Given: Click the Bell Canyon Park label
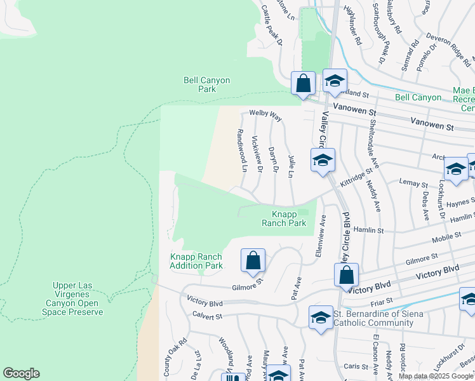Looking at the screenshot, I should click(206, 84).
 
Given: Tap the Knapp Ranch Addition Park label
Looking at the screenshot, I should click(196, 261).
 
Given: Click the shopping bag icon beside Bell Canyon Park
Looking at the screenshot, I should click(304, 84).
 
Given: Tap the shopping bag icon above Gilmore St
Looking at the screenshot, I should click(253, 260).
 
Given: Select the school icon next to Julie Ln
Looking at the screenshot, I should click(322, 161).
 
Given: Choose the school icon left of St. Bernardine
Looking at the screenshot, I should click(321, 317).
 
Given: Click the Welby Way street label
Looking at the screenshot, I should click(265, 116).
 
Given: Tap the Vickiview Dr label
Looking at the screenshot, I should click(257, 153).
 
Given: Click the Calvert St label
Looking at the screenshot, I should click(205, 316).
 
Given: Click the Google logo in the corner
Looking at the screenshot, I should click(21, 373).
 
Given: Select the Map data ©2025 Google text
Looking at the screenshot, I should click(436, 376).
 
